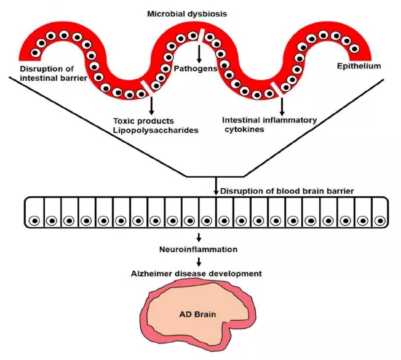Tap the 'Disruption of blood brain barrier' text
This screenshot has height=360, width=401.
tap(287, 191)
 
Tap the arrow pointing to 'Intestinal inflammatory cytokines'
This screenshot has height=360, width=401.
tap(282, 106)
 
